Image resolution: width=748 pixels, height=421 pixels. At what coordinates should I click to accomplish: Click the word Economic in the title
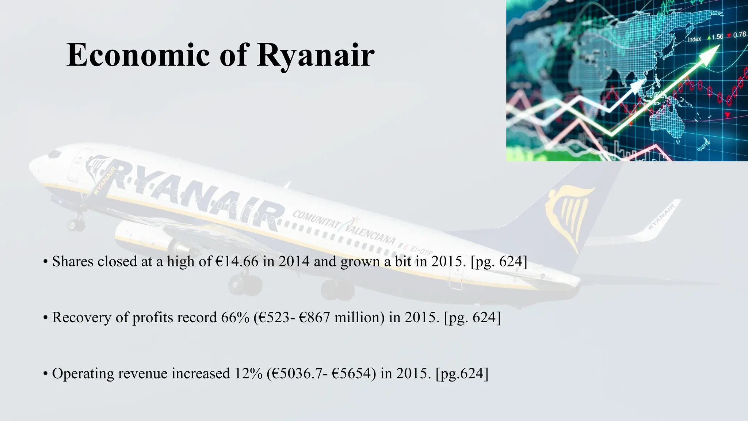point(138,55)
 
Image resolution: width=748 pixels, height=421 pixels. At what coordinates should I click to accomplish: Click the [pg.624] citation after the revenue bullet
point(462,373)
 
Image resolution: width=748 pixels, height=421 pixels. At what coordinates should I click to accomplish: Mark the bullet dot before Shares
point(45,262)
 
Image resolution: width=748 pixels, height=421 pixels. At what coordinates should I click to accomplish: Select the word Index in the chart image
point(694,39)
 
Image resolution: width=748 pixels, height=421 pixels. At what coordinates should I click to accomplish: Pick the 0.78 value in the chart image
point(739,35)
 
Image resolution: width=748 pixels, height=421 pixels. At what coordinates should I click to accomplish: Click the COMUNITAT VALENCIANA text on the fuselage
point(343,227)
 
